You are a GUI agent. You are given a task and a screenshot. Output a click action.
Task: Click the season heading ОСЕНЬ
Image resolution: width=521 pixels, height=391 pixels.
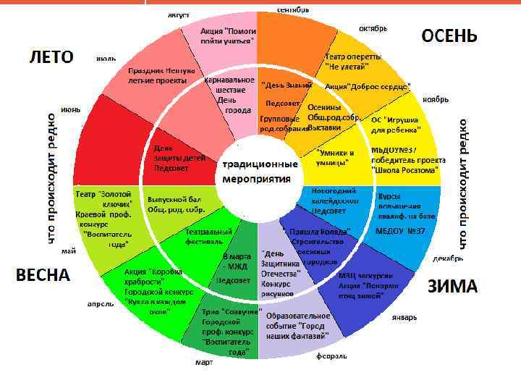(449, 35)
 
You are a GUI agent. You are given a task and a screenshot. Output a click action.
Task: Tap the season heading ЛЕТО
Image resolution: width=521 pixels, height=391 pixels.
(51, 56)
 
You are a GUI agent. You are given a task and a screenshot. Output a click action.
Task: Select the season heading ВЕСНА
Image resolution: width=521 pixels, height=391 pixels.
(43, 275)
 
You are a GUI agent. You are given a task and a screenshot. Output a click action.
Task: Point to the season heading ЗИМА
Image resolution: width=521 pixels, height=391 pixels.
(452, 286)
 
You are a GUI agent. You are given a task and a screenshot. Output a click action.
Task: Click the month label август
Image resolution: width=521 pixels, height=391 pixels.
(179, 14)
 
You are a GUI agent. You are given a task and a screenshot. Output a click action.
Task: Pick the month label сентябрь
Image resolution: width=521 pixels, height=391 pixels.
(293, 9)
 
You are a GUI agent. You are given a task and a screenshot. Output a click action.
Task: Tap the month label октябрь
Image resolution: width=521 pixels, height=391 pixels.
(373, 29)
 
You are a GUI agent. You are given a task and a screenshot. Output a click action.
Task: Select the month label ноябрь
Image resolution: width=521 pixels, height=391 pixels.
(436, 98)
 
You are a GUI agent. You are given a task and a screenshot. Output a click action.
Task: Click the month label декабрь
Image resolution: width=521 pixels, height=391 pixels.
(449, 258)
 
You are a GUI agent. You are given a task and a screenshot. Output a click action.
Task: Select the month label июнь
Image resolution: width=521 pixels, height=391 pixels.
(70, 109)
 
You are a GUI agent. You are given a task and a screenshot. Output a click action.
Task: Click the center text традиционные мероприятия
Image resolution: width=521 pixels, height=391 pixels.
(258, 172)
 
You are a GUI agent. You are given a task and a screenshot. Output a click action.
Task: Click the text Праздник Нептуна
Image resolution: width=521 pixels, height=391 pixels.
(161, 71)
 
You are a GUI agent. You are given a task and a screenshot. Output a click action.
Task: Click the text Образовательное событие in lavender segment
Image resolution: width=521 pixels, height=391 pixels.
(298, 316)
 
